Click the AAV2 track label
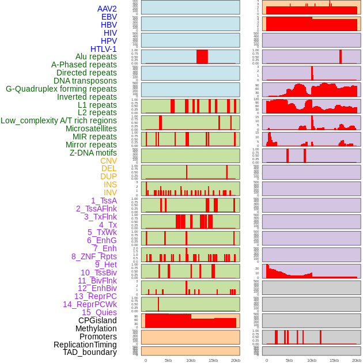[107, 9]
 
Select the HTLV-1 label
[104, 49]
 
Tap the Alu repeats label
[96, 57]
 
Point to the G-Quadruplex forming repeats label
[61, 89]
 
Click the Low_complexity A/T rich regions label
[59, 120]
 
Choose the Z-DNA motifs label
[93, 153]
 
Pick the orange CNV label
[108, 161]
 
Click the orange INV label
[110, 192]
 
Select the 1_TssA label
[104, 201]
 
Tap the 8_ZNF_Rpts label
[94, 256]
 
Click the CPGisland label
[97, 320]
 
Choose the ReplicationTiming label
[85, 345]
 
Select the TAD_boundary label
[90, 352]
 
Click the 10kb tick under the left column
[191, 360]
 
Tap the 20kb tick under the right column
[357, 360]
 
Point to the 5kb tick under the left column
[168, 360]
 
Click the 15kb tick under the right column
[334, 360]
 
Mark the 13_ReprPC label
[95, 296]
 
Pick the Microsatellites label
[91, 128]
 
